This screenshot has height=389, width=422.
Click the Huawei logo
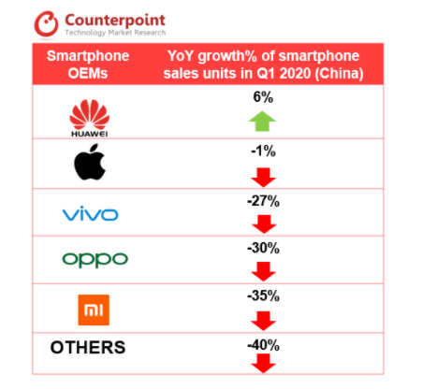coord(90,119)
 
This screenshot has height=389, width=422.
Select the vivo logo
coord(90,215)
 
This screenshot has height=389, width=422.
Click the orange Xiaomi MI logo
coord(90,306)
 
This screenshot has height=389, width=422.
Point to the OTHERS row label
coord(88,347)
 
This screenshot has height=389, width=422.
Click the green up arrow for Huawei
coord(264,121)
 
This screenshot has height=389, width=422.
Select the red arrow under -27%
coord(264,223)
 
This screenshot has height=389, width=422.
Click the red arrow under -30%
coord(264,271)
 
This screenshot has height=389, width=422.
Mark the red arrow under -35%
coord(264,318)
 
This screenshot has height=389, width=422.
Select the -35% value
coord(265,296)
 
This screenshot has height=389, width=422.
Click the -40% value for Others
coord(265,344)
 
